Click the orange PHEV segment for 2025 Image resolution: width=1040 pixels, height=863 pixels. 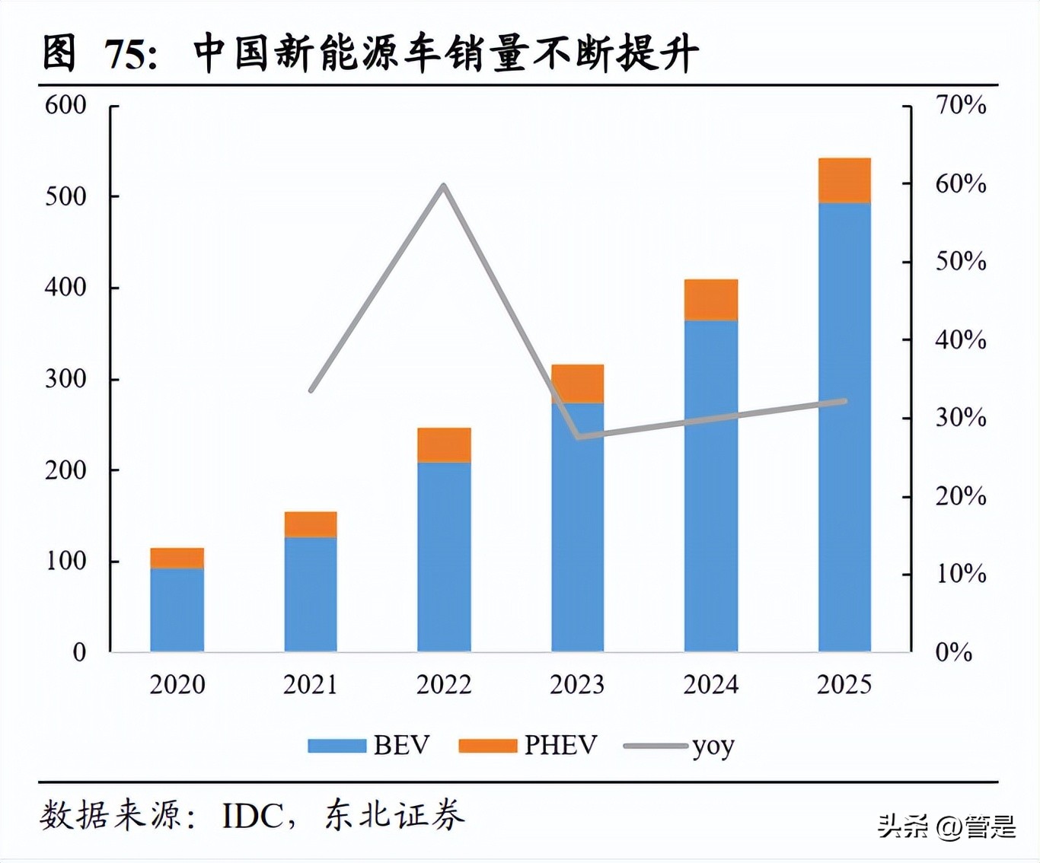click(844, 180)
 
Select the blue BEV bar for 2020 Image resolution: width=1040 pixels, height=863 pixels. click(177, 610)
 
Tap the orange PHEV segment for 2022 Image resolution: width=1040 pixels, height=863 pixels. click(444, 445)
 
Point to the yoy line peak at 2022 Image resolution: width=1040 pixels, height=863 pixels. click(444, 185)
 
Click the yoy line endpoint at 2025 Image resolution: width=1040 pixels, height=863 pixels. click(844, 401)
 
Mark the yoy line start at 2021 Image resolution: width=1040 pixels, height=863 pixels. click(311, 390)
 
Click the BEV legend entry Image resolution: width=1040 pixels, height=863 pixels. click(369, 745)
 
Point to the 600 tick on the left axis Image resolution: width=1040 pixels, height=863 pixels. click(66, 105)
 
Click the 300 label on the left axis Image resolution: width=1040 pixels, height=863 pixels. click(66, 379)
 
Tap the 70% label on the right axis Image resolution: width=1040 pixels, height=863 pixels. click(961, 105)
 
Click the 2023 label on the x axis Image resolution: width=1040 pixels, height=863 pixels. click(577, 685)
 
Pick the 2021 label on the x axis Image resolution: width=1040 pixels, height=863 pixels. click(311, 685)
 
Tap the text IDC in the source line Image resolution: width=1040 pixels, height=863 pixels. click(252, 817)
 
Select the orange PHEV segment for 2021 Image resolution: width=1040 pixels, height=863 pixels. click(311, 524)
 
